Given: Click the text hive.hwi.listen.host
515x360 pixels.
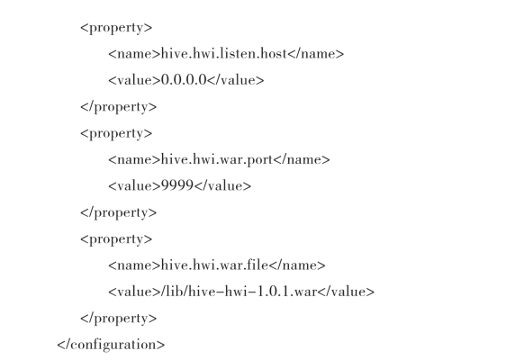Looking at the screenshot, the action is [224, 53].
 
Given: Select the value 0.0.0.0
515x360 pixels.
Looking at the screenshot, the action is [184, 80].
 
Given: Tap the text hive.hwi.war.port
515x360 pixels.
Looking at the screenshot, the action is [217, 160].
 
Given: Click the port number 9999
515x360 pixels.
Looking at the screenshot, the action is [177, 185].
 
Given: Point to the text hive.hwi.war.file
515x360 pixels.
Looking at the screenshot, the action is [215, 265].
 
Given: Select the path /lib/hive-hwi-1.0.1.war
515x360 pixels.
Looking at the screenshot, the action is [239, 292].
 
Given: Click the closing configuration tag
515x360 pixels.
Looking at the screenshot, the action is [111, 345].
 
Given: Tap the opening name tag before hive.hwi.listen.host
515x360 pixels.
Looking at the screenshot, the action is [135, 54].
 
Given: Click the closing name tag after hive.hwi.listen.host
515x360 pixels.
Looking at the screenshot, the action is [316, 54].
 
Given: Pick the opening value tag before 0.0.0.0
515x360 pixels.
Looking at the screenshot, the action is [135, 80].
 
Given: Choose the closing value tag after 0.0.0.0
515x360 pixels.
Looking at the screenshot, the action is [236, 80].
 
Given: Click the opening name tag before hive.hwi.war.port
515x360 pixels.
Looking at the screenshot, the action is [135, 160].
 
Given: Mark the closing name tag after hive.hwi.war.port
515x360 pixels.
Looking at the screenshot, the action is [302, 159].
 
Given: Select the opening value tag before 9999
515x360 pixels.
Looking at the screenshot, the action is [135, 186].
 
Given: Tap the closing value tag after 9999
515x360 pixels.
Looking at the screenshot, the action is [222, 185].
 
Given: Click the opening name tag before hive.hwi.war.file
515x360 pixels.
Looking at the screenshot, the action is [135, 265].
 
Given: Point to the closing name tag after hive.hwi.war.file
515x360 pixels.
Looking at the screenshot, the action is [297, 265].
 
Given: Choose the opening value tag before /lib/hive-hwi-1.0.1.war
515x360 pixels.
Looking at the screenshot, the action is [135, 292].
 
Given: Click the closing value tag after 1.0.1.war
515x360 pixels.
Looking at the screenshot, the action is [346, 292].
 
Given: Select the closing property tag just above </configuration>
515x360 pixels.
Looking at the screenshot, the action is [119, 319].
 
